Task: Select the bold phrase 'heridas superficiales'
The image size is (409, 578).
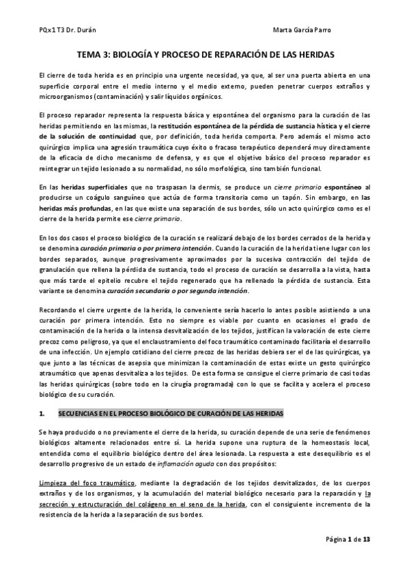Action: tap(92, 186)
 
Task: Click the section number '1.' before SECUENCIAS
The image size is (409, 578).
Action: tap(42, 414)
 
